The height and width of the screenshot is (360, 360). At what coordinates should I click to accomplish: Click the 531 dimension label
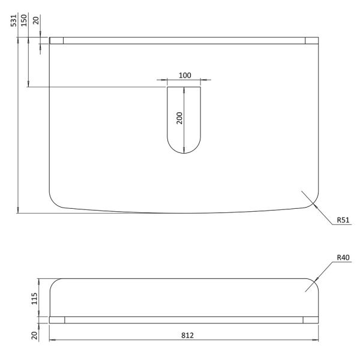pos(14,20)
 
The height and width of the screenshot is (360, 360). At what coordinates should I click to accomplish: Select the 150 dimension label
pos(24,20)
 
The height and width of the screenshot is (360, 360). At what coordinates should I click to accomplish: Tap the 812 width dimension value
pos(187,335)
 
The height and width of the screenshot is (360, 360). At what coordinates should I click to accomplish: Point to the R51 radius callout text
pos(343,220)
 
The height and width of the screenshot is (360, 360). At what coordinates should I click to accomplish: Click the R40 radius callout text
pos(343,257)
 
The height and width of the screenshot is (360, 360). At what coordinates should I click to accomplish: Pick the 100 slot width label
pos(185,76)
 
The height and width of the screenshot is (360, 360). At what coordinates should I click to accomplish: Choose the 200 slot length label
pos(179,118)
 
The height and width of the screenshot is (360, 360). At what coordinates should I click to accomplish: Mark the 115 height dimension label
pos(34,298)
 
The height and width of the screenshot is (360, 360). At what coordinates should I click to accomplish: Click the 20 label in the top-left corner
pos(36,20)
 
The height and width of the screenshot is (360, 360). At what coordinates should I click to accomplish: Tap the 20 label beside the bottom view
pos(34,335)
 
